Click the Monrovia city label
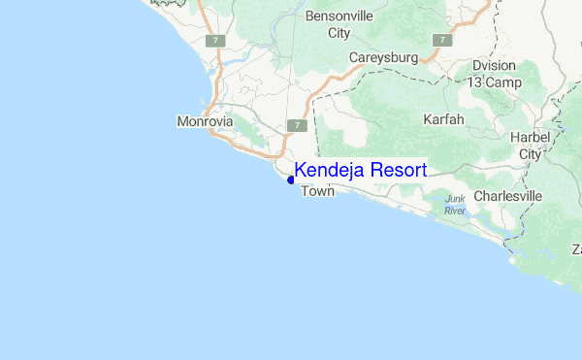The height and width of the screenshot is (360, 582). tap(205, 122)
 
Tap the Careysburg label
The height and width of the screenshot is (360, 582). tap(384, 58)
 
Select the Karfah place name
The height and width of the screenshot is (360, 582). tap(444, 119)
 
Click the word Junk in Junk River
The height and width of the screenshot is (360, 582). tap(455, 200)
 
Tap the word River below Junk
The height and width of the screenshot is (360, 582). tap(455, 211)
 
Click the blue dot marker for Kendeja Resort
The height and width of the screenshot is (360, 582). tap(291, 180)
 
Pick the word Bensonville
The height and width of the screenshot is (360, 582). tap(339, 16)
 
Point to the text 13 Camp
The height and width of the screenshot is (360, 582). tap(494, 82)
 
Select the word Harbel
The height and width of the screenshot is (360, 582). tap(531, 138)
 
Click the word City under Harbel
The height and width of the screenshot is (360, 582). tap(531, 153)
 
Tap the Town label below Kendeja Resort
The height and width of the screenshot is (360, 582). tap(318, 192)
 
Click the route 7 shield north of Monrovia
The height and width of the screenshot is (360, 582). tap(217, 41)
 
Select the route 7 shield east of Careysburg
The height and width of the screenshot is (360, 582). tap(442, 41)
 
